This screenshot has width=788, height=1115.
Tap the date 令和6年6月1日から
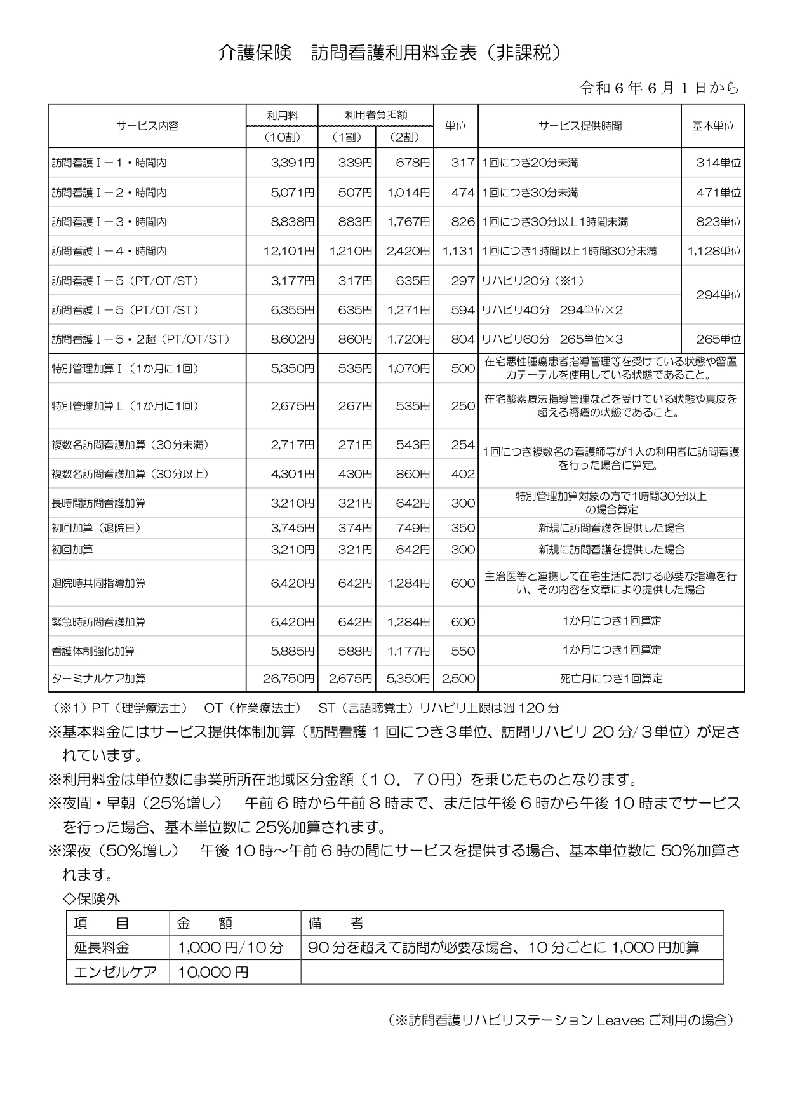click(x=660, y=88)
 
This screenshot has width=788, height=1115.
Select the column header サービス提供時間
click(x=580, y=126)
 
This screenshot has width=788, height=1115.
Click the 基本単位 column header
click(x=712, y=126)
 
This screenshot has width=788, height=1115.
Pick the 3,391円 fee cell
click(x=293, y=163)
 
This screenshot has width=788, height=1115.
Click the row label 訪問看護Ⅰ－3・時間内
click(x=109, y=222)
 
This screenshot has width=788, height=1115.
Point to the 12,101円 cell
click(x=289, y=251)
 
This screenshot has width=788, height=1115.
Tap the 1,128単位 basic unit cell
click(x=714, y=251)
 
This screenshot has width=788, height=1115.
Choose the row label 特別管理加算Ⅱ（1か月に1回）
click(x=125, y=406)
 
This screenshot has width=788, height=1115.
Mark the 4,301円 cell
click(x=293, y=474)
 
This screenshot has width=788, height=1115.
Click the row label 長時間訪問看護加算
click(x=98, y=503)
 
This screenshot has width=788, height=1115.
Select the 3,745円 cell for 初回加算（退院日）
click(x=293, y=528)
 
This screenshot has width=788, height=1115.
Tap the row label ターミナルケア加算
click(x=98, y=679)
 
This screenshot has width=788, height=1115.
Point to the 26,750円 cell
click(x=289, y=679)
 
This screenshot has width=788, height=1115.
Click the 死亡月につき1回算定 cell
click(x=611, y=679)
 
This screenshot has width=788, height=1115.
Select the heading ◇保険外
click(x=91, y=899)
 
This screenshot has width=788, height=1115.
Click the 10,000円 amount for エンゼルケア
click(x=213, y=972)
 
